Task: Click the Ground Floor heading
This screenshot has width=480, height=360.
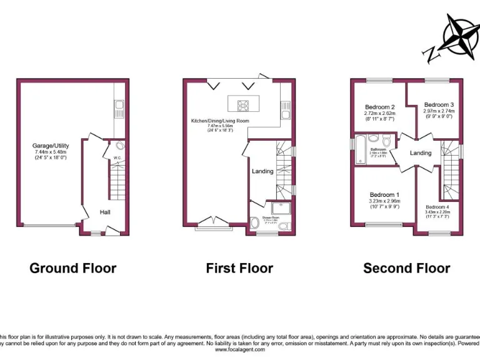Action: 73,268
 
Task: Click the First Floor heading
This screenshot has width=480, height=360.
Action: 239,268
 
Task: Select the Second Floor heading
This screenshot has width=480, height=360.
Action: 407,268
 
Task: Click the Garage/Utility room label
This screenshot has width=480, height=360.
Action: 50,146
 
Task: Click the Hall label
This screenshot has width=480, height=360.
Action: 105,212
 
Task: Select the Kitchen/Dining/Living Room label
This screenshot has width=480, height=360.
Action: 220,121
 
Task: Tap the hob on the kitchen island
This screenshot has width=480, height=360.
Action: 242,104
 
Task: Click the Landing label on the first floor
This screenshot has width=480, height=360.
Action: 262,171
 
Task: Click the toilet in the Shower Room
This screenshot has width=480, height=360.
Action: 255,222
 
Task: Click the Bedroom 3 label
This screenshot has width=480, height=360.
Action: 439,104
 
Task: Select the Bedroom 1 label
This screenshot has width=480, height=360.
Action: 384,194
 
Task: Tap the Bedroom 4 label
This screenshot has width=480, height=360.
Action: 437,207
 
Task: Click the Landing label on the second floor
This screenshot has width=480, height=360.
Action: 421,153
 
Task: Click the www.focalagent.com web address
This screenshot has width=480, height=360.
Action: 240,349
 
